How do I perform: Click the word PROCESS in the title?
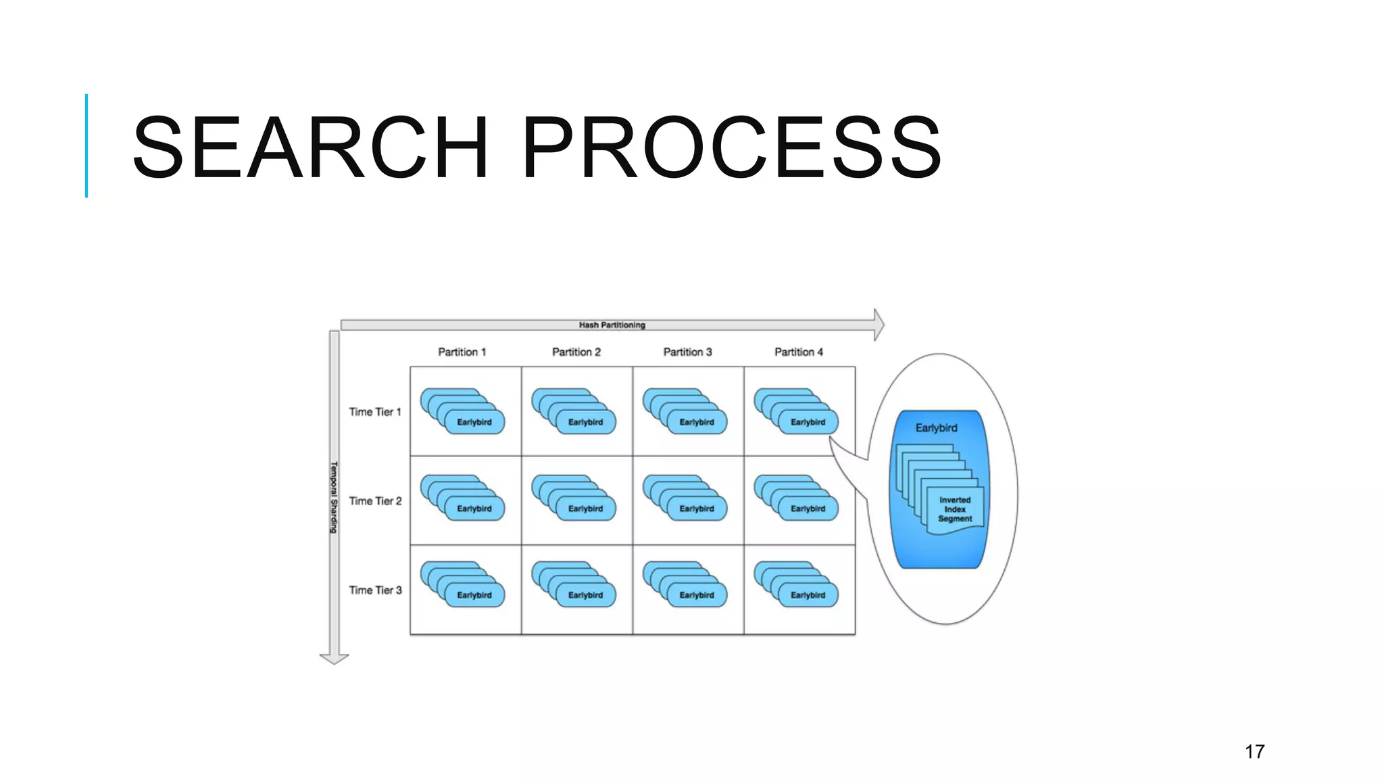(731, 147)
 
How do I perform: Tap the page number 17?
(1254, 752)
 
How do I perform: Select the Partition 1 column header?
(462, 352)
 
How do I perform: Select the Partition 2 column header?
(576, 352)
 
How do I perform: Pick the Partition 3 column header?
(687, 352)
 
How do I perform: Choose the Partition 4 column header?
(798, 352)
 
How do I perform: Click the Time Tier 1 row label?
(375, 412)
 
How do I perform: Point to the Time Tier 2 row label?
(375, 501)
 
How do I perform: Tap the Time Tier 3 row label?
(375, 590)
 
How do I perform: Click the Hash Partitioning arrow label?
(612, 325)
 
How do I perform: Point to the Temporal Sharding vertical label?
(333, 497)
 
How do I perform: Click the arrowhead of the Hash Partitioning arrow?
(878, 325)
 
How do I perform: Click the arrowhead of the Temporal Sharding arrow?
(334, 658)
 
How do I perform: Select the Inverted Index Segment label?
(955, 509)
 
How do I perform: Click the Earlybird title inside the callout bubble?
(936, 428)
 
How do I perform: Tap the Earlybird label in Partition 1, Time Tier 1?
(474, 422)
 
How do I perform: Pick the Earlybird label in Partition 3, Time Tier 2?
(696, 509)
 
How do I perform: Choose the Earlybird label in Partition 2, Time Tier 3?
(585, 595)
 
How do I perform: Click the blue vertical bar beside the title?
(86, 145)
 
